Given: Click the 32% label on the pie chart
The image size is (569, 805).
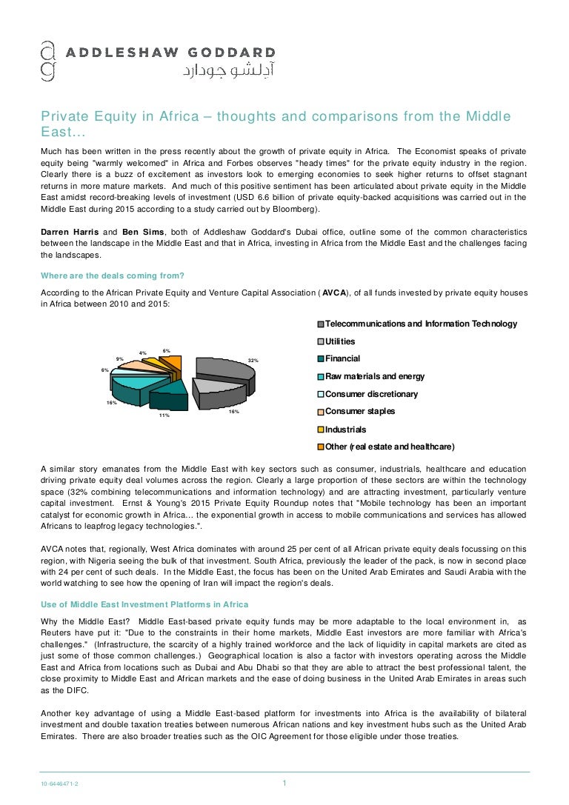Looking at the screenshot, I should tap(253, 361).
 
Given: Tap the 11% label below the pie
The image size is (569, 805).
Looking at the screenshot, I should tap(164, 415).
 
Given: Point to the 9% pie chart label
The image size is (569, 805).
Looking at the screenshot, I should tap(119, 358).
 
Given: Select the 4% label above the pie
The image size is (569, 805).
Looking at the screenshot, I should tap(143, 353).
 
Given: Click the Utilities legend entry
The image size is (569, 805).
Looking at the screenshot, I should tap(340, 341).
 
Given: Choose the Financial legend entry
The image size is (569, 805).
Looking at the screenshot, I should tap(342, 358).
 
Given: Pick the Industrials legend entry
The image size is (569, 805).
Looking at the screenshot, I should tap(345, 429).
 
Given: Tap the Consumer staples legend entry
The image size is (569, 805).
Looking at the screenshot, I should tap(360, 411).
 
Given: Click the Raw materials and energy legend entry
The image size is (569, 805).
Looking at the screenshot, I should tap(375, 376).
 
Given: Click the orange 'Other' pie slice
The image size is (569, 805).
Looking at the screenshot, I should tap(171, 363).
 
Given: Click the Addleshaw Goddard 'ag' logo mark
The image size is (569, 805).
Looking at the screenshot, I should tap(47, 59).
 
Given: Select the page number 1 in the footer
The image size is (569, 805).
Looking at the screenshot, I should tap(284, 784).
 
